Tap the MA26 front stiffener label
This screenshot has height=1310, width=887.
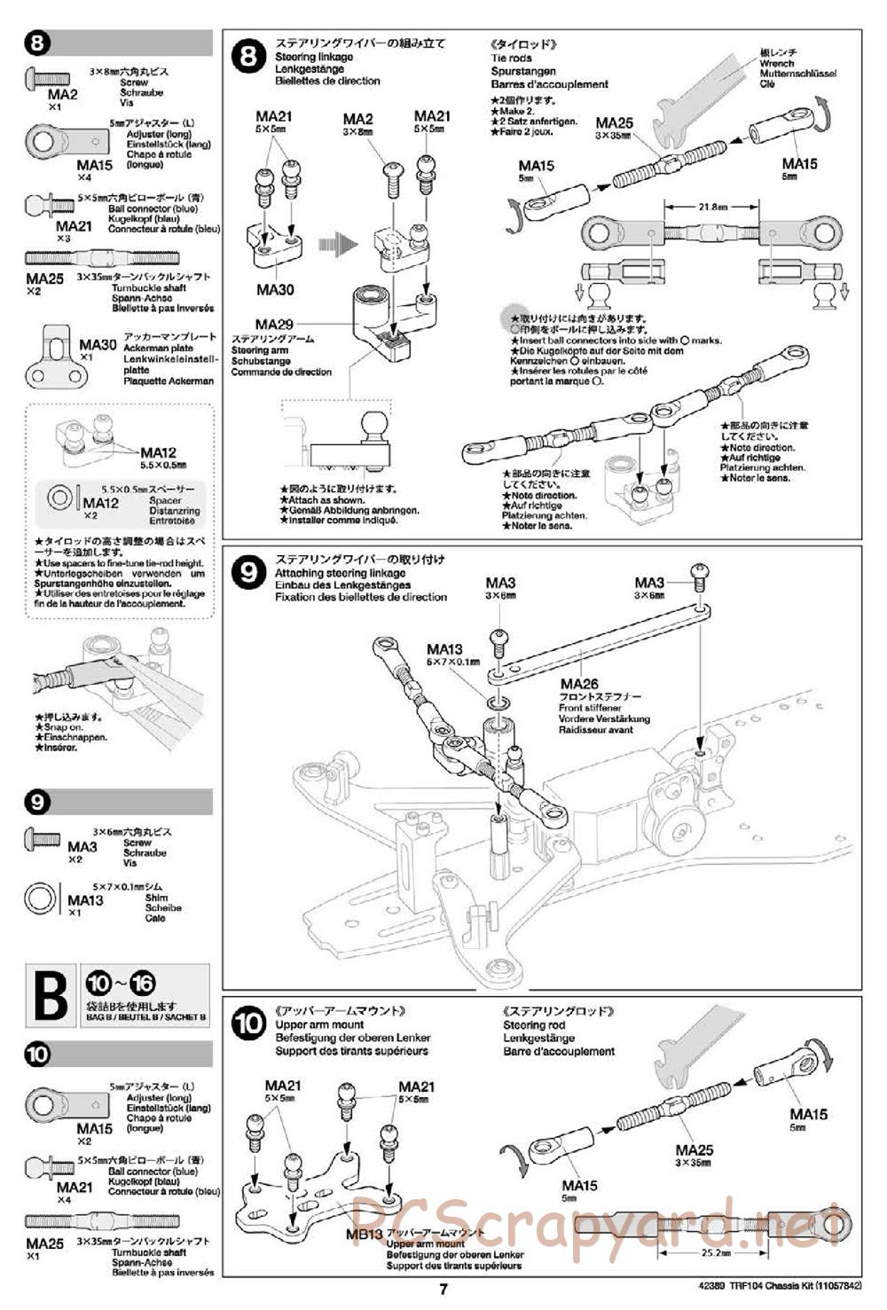579,684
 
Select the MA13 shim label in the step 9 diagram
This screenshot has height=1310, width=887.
444,650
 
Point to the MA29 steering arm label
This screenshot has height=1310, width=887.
273,326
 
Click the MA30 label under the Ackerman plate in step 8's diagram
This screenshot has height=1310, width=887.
274,290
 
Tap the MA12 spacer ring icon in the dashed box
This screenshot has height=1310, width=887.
60,498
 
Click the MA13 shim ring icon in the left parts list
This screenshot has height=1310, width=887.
43,898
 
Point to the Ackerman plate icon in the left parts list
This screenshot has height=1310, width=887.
53,357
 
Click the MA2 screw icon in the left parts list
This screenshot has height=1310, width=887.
43,77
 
